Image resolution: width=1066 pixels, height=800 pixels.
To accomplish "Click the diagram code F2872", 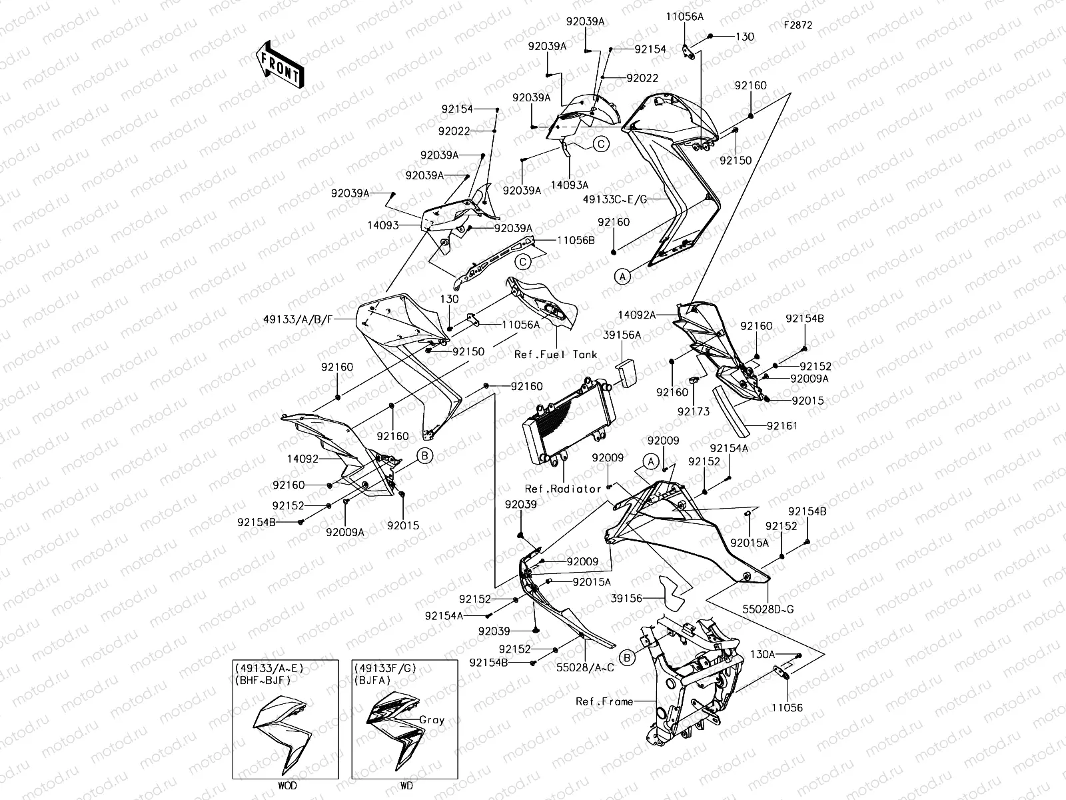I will [798, 25].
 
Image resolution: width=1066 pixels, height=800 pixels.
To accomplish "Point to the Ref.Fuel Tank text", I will [556, 355].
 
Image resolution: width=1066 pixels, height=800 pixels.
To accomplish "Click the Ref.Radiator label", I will [563, 489].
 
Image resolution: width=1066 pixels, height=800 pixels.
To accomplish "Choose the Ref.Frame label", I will [604, 701].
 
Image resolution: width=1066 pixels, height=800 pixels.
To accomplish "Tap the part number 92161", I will [782, 425].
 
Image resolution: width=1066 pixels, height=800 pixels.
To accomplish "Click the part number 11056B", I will [576, 240].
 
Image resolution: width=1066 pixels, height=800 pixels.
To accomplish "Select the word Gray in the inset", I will [432, 720].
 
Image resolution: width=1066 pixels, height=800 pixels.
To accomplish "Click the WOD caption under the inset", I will [288, 785].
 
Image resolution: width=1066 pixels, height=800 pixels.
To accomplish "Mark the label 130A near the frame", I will [763, 655].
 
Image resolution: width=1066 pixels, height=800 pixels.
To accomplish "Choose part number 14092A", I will [637, 315].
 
